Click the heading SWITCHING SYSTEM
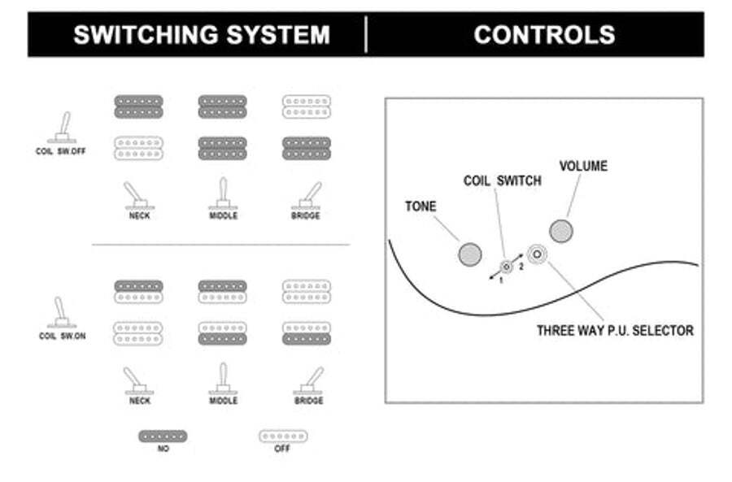202,35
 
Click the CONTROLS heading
544,35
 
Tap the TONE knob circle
469,254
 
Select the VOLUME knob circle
560,231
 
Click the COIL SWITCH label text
503,180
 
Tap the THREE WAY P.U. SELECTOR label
615,330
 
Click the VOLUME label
583,166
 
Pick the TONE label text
420,206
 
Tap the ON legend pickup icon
163,436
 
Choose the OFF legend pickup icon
283,436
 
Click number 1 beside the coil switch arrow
501,281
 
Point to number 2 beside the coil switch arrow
521,267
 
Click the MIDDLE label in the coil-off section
223,215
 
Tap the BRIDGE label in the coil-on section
308,401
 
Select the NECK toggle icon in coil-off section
138,196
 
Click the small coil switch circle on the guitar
506,267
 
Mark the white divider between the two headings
366,34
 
